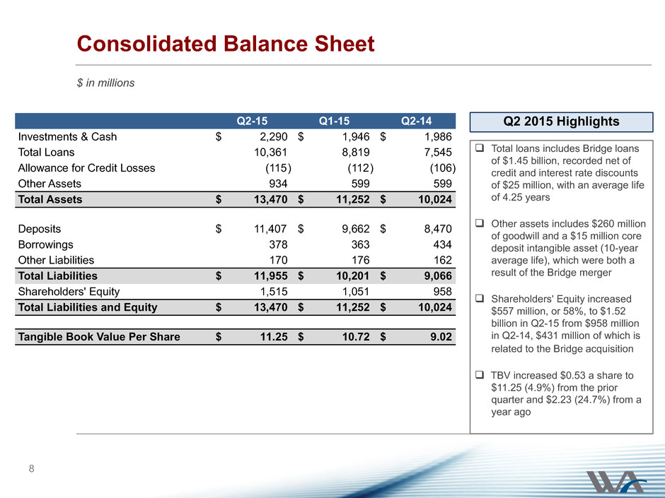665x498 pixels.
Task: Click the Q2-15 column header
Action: pyautogui.click(x=252, y=121)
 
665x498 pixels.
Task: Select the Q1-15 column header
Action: pyautogui.click(x=334, y=121)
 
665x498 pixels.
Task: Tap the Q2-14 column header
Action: pyautogui.click(x=417, y=121)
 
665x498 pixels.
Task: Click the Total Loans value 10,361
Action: pyautogui.click(x=270, y=153)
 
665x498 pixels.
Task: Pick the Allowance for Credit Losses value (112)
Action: pyautogui.click(x=361, y=168)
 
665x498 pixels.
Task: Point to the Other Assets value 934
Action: pyautogui.click(x=278, y=184)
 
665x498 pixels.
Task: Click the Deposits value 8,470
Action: pyautogui.click(x=438, y=229)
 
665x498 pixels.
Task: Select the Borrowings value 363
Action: pyautogui.click(x=360, y=245)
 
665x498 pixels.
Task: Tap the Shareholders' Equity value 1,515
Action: pyautogui.click(x=274, y=292)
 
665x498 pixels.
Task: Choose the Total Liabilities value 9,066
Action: pyautogui.click(x=438, y=276)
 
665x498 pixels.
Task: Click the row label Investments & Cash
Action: pyautogui.click(x=67, y=137)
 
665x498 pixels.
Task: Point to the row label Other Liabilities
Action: pyautogui.click(x=56, y=261)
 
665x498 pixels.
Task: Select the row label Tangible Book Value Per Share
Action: pyautogui.click(x=99, y=337)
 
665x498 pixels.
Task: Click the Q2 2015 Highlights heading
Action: pyautogui.click(x=561, y=121)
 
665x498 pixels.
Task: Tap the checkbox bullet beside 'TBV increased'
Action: pyautogui.click(x=480, y=375)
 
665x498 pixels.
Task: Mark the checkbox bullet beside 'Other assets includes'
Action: pyautogui.click(x=480, y=223)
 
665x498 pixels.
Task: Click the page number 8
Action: pyautogui.click(x=31, y=468)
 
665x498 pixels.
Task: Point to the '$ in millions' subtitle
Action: pyautogui.click(x=105, y=83)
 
